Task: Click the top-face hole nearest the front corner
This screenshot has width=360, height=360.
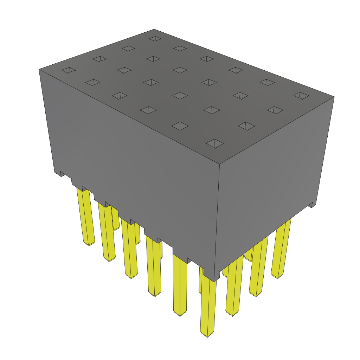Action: [215, 143]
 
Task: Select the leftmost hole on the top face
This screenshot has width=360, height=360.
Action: [68, 70]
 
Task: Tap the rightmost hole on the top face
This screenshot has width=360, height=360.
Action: [301, 95]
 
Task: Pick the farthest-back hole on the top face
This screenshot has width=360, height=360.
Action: [155, 38]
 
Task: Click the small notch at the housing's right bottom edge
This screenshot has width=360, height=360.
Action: [310, 205]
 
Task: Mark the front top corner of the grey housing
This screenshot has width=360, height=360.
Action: [220, 164]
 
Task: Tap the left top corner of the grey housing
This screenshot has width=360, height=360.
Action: [39, 70]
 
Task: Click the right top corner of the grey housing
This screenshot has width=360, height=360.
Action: [334, 97]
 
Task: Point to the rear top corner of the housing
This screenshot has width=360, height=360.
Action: [154, 29]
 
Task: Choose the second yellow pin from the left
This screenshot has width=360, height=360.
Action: [107, 232]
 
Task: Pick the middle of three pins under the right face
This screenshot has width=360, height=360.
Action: [258, 267]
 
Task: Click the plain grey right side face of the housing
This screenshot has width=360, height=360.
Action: [271, 176]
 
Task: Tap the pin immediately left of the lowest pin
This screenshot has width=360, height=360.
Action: [180, 285]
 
